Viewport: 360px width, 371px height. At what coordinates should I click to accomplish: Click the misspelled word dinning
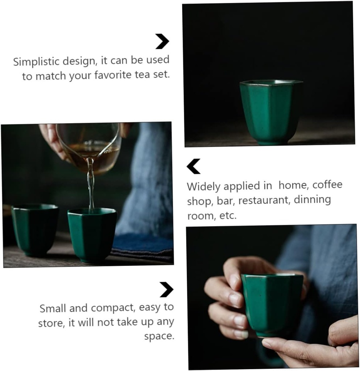(312, 200)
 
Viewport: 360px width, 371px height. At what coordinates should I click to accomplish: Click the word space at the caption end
(159, 336)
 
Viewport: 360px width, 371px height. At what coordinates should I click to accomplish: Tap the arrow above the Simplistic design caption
(162, 41)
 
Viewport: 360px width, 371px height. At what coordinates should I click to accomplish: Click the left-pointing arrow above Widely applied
(193, 166)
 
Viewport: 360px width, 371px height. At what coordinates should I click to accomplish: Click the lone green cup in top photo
(271, 112)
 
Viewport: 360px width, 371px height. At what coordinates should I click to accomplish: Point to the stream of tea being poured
(91, 188)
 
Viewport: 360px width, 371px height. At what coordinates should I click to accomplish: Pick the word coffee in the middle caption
(327, 185)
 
